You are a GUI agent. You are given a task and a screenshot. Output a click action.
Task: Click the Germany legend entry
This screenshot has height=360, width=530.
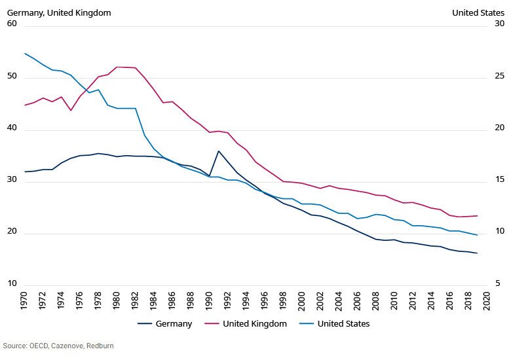[165, 324]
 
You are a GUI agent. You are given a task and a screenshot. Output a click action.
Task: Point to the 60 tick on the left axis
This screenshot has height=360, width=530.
[11, 24]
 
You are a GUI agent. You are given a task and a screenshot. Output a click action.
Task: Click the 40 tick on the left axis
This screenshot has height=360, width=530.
[11, 130]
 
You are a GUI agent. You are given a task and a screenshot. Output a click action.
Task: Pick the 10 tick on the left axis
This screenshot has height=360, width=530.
[11, 283]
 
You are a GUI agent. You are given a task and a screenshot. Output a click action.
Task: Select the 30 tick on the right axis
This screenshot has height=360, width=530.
[499, 24]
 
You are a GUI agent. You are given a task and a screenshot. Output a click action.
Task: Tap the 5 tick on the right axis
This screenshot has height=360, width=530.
[499, 283]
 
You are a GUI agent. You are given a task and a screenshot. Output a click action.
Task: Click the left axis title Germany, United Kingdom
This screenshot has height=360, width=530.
[59, 12]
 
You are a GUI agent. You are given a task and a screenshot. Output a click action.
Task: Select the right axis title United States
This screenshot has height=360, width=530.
[478, 12]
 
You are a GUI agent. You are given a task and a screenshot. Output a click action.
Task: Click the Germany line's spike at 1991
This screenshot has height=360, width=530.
[219, 151]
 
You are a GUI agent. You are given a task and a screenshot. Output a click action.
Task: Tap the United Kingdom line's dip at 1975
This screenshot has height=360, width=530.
[71, 110]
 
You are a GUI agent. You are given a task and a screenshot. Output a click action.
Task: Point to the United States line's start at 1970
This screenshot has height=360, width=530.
[25, 54]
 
